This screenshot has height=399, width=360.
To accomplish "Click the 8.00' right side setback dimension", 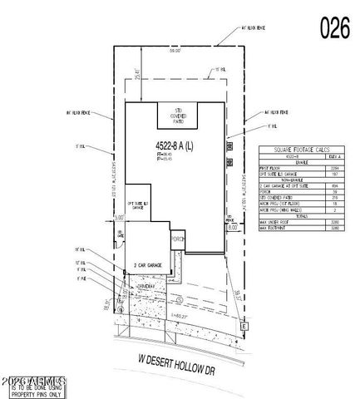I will (234, 225).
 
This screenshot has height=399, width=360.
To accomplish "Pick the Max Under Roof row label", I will (276, 221).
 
